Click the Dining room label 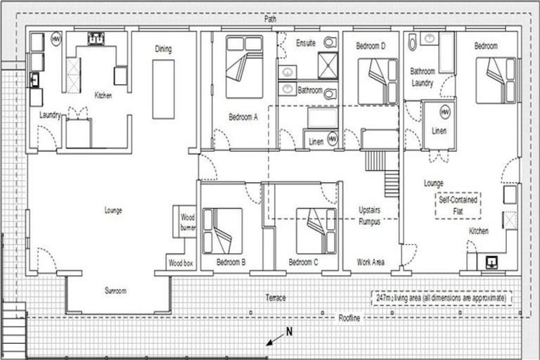tap(163, 49)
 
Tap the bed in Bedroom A tap(243, 67)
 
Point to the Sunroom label tap(116, 290)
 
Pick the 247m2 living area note tap(442, 298)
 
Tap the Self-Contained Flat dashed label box tap(458, 205)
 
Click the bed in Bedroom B tap(221, 231)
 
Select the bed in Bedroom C tap(316, 231)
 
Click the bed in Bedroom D tap(378, 81)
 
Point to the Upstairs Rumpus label tap(369, 215)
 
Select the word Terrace tap(276, 297)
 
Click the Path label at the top tap(271, 19)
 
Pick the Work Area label tap(371, 262)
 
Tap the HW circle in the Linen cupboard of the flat tap(444, 112)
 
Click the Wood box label tap(180, 263)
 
